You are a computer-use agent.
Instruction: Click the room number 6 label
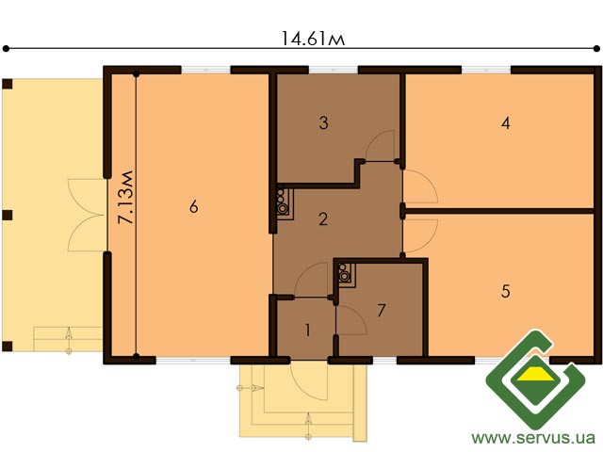194,207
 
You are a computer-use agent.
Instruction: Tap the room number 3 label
324,123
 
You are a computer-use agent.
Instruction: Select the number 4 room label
506,123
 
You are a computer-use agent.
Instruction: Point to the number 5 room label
506,291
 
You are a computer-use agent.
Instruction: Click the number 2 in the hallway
323,219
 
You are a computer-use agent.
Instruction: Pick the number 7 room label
381,310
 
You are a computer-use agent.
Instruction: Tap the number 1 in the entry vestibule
307,331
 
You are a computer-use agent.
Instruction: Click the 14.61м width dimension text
313,39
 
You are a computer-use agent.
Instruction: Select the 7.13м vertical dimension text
126,197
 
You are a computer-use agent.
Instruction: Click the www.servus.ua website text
533,438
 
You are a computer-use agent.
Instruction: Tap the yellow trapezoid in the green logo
535,373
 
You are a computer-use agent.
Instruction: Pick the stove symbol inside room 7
346,273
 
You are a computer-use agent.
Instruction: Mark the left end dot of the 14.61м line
6,48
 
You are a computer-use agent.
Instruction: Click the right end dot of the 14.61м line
596,48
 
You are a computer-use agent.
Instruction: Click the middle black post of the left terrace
8,215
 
